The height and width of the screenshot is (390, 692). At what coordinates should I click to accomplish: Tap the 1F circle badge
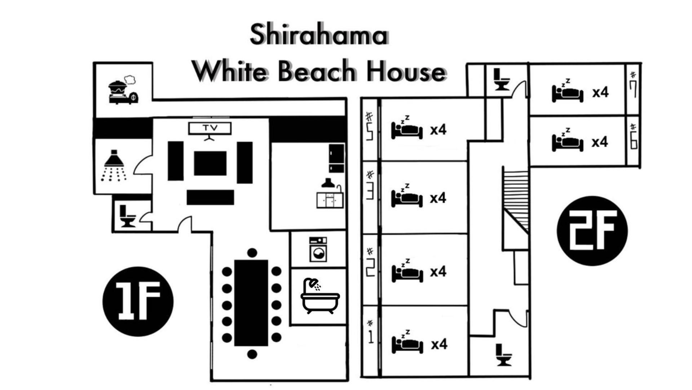pos(138,302)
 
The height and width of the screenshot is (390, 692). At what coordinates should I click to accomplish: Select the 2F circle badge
pos(592,231)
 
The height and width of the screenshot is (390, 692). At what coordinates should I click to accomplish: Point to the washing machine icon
pos(318,250)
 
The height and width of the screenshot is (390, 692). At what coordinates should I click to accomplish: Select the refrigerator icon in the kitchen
pos(336,158)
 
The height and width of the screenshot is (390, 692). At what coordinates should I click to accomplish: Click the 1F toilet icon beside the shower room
pos(127,216)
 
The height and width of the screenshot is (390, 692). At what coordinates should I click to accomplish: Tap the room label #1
pos(370,332)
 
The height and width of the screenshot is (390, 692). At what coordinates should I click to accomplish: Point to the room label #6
pos(633,136)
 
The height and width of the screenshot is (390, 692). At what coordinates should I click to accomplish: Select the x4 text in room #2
pos(438,271)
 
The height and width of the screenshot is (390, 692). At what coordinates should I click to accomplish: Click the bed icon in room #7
pos(567,91)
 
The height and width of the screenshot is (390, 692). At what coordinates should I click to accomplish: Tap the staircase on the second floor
pos(516,200)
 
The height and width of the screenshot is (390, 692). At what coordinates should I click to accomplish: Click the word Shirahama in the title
pos(319,35)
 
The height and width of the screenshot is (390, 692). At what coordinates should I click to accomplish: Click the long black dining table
pos(251,303)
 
